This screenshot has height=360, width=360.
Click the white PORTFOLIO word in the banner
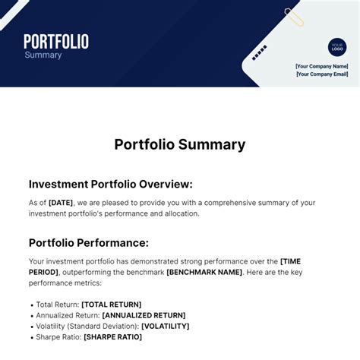pos(56,42)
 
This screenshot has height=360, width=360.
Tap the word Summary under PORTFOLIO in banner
pos(43,55)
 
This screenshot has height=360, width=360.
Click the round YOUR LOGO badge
pos(337,48)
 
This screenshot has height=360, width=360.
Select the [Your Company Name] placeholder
pos(322,66)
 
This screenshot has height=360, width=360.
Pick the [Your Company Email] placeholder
pos(322,74)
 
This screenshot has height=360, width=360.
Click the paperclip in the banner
pos(294,17)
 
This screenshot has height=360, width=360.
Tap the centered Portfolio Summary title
pos(180,144)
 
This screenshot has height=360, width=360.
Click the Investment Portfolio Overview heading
pos(111,184)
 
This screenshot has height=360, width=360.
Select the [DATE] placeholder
pos(62,203)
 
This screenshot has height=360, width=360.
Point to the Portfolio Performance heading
pos(89,243)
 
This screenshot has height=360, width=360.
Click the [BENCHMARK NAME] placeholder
pos(204,272)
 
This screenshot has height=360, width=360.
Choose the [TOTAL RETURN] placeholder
pos(111,305)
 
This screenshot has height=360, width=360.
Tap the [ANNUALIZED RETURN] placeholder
pos(144,315)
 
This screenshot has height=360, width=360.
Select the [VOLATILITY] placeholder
pos(166,326)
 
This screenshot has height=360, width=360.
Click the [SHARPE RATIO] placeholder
pos(112,337)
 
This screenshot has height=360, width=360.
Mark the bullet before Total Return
pos(31,305)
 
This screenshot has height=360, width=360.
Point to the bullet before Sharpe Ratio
pos(31,337)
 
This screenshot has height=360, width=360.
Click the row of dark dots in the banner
pos(259,52)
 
